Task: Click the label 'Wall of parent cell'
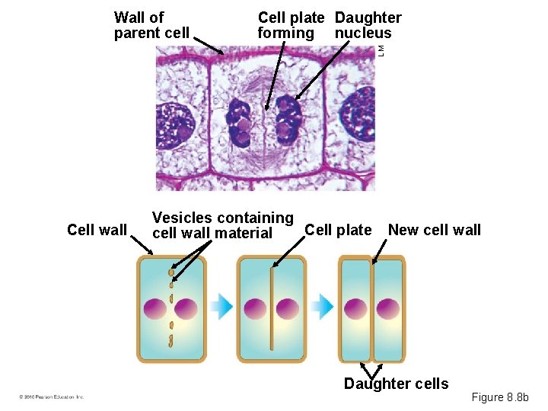point(151,25)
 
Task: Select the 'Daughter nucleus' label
point(368,25)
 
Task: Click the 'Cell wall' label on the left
point(97,230)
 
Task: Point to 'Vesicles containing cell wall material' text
point(222,225)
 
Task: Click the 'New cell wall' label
point(435,230)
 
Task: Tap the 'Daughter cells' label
point(396,384)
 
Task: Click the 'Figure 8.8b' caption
point(505,397)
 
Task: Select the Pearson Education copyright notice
point(52,397)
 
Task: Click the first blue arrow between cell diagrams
point(221,307)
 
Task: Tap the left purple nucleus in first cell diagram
point(156,308)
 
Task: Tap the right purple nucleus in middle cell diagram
point(287,308)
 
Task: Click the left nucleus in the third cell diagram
point(355,308)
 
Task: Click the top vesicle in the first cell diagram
point(172,272)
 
